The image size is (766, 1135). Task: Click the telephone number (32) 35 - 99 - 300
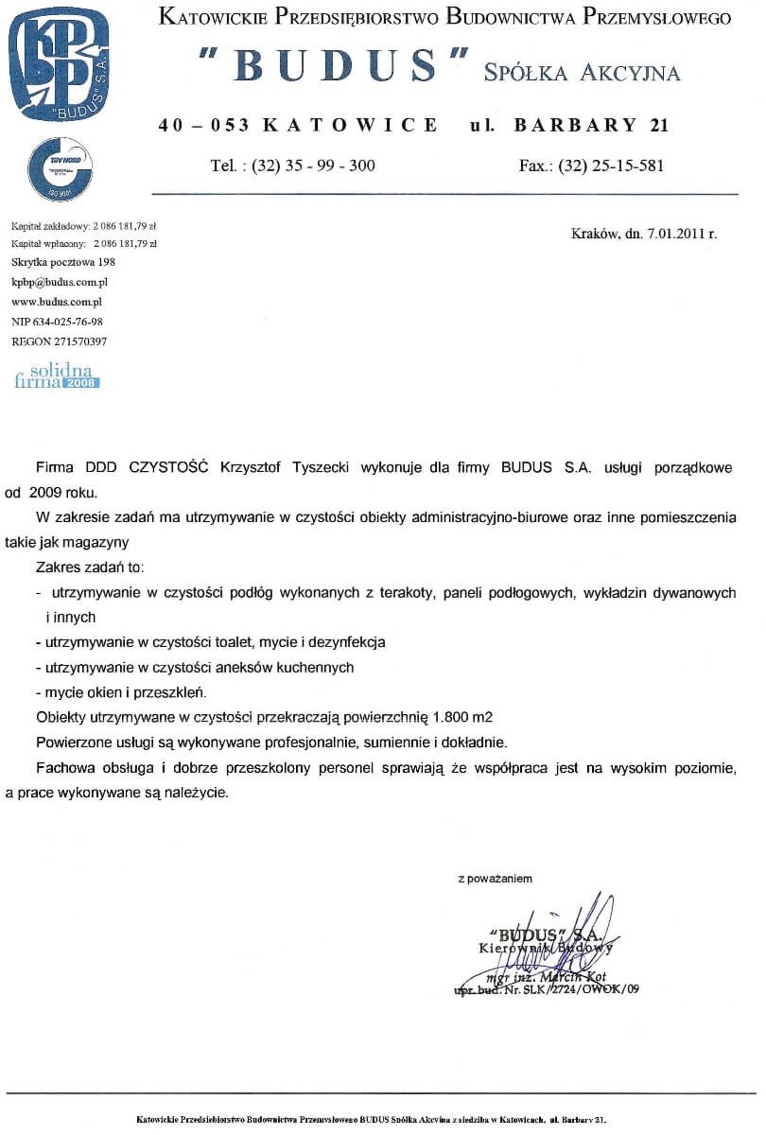[x=314, y=166]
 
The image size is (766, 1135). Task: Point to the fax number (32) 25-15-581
[x=612, y=166]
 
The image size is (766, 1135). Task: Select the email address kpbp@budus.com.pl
[x=60, y=282]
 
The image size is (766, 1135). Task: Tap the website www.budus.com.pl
[x=56, y=302]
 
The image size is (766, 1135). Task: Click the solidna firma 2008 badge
[x=58, y=375]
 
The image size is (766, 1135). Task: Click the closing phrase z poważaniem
[x=495, y=879]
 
